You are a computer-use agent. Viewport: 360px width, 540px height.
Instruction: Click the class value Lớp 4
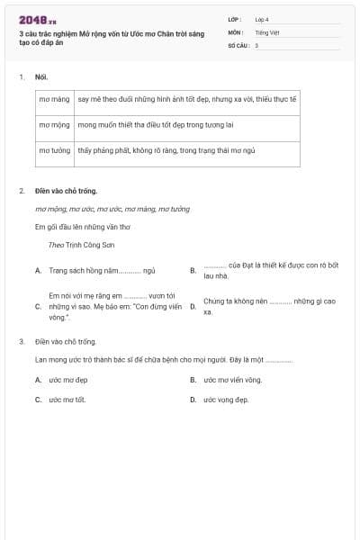click(262, 19)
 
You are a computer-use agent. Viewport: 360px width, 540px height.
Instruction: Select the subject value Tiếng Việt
click(265, 31)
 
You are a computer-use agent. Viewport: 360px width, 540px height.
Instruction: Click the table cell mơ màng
click(54, 100)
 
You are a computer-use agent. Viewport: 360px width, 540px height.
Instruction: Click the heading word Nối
click(40, 77)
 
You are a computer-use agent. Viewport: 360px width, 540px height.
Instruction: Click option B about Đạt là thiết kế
click(270, 270)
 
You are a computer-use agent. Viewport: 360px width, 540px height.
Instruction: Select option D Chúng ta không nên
click(269, 306)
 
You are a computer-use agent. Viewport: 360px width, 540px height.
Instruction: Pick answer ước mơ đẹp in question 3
click(68, 380)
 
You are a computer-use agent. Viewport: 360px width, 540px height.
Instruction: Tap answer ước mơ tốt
click(67, 399)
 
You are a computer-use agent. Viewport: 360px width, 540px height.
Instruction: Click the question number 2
click(22, 191)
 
